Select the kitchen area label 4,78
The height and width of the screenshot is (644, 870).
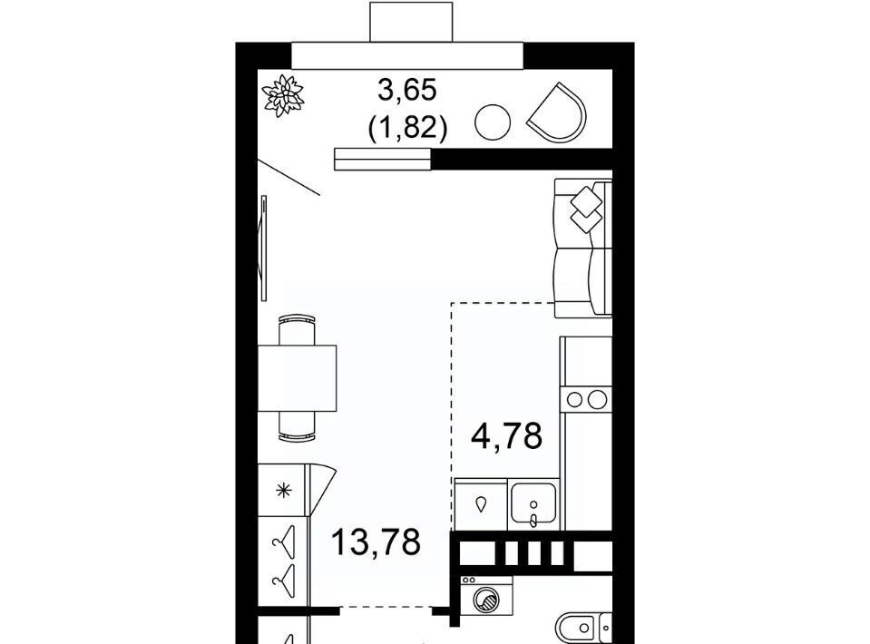click(506, 436)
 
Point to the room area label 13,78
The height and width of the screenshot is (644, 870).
click(376, 542)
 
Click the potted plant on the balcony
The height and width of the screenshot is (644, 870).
click(284, 96)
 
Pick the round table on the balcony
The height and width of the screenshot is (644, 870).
click(493, 122)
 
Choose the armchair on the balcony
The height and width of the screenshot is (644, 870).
click(557, 112)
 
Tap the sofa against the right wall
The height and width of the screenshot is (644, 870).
click(583, 248)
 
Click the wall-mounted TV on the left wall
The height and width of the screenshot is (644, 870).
click(264, 248)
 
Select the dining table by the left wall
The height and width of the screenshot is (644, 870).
click(297, 377)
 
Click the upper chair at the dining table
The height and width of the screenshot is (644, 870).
click(297, 330)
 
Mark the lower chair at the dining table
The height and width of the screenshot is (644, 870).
click(297, 426)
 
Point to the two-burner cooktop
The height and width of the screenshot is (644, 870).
click(586, 400)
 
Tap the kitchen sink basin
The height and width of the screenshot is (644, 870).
click(533, 503)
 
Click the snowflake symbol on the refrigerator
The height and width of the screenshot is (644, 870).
click(284, 491)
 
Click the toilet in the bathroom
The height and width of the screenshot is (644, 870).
click(582, 628)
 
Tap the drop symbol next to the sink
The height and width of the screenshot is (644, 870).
click(481, 503)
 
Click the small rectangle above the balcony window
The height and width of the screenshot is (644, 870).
click(411, 22)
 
